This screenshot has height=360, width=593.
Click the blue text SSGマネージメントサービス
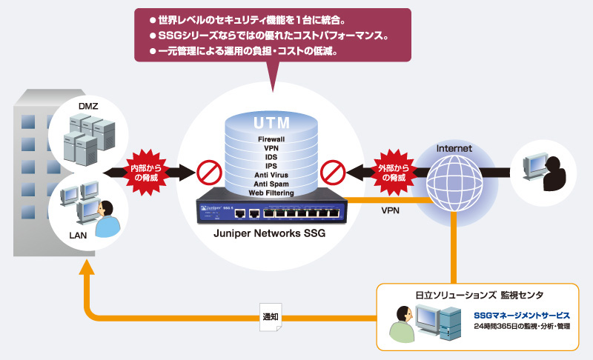tap(522, 316)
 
